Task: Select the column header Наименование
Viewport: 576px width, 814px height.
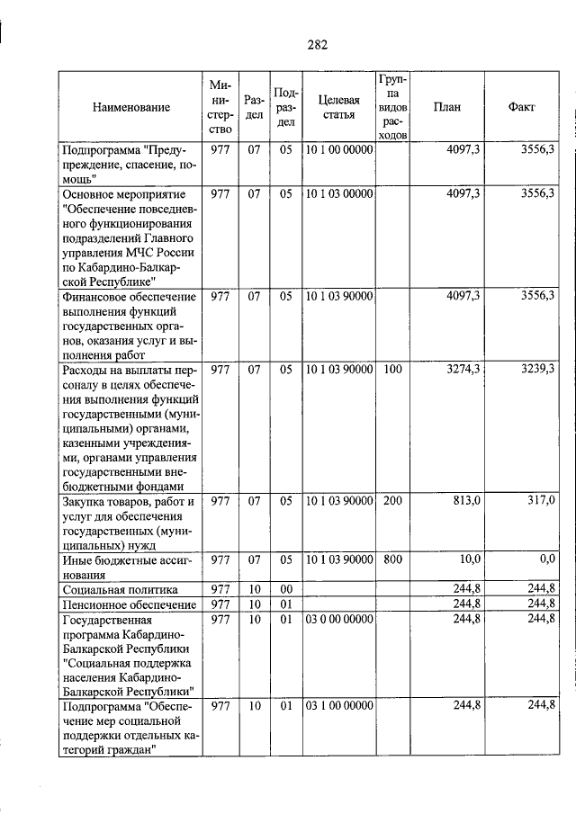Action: [x=130, y=107]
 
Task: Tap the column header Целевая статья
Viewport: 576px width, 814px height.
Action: [x=338, y=107]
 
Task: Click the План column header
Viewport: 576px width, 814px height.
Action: [x=446, y=107]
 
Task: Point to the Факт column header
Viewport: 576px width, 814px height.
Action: [x=522, y=107]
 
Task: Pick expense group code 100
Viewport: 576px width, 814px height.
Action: [x=392, y=370]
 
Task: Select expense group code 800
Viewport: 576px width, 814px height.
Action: [x=392, y=559]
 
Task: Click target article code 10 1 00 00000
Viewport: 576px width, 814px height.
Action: [x=338, y=150]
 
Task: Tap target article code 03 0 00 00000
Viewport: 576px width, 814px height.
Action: [x=338, y=620]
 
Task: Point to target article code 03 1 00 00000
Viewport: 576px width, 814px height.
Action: [x=338, y=706]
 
